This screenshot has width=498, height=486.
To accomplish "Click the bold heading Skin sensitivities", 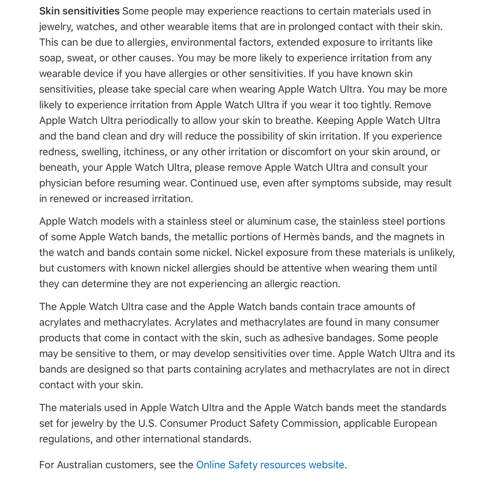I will (x=79, y=11).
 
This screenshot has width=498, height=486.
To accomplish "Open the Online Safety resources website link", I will (x=270, y=465).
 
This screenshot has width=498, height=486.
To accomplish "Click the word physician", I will (x=61, y=183).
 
